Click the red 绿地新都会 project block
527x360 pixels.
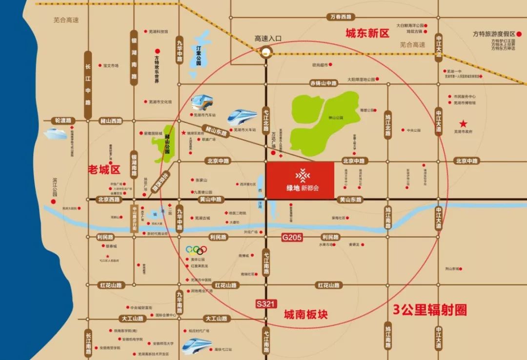coord(300,180)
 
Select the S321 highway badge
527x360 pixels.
coord(266,303)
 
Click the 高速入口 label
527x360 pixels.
coord(268,38)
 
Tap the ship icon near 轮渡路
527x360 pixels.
coord(55,133)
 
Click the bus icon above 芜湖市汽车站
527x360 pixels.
coord(202,102)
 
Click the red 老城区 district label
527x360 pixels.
coord(104,169)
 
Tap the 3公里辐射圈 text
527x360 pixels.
coord(430,309)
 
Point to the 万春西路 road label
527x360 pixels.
coord(340,17)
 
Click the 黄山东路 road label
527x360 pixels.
coord(350,200)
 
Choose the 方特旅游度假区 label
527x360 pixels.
coord(494,34)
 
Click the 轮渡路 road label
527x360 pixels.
coord(63,120)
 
